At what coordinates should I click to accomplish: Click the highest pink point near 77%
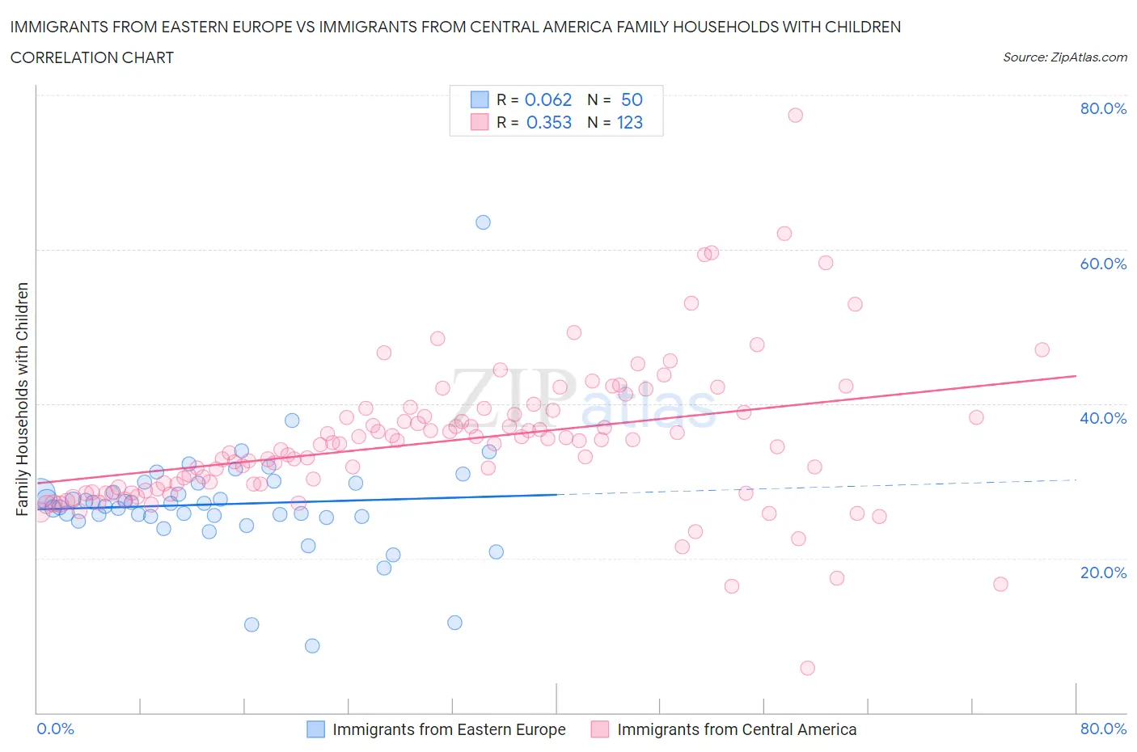[795, 115]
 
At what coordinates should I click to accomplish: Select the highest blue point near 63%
[483, 222]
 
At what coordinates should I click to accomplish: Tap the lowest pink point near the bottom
[807, 668]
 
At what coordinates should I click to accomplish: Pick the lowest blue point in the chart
[312, 645]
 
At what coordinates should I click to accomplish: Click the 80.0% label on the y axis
[1103, 108]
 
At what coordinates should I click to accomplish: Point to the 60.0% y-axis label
[1103, 264]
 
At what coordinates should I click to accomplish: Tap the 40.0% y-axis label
[1103, 418]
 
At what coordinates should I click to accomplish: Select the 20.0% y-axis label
[1103, 572]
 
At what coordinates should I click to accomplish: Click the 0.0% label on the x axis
[55, 729]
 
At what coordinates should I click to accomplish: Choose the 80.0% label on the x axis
[1103, 729]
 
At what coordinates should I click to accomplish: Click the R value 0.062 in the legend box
[548, 99]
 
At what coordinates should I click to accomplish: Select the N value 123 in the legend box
[630, 122]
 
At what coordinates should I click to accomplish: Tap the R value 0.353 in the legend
[548, 122]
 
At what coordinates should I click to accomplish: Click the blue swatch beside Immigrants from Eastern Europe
[315, 729]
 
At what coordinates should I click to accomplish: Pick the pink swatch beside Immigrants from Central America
[599, 729]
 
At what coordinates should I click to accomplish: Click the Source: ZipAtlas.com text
[1064, 57]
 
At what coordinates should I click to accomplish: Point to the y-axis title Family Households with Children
[23, 399]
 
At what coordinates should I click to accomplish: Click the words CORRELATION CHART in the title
[92, 57]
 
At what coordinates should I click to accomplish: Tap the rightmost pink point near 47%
[1042, 349]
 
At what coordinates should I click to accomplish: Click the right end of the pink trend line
[1076, 376]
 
